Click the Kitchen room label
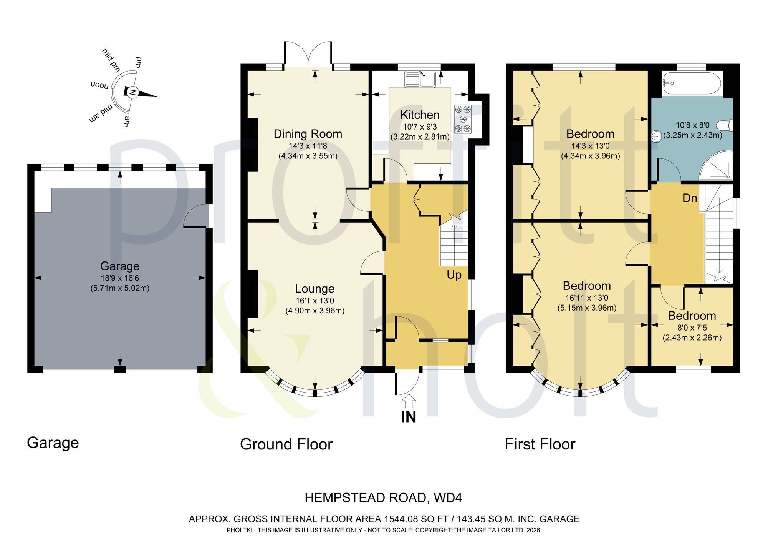point(420,115)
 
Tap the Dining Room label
point(308,134)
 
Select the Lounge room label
point(314,289)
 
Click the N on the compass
point(132,92)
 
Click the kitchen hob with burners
point(463,119)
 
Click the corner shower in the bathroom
point(716,165)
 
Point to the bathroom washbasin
point(656,135)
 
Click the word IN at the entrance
point(409,417)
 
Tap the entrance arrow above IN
point(409,401)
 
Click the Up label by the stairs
point(454,275)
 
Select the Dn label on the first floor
point(690,198)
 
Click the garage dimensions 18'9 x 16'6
point(120,278)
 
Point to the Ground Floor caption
point(286,444)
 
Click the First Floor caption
point(540,444)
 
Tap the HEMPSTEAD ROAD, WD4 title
point(383,498)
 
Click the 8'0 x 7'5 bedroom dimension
point(692,328)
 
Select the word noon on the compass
point(99,85)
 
